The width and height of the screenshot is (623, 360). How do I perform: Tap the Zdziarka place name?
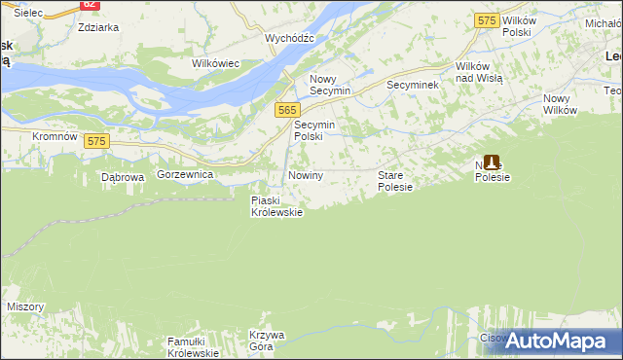pos(98,27)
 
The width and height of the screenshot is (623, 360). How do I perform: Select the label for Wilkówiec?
pos(215,63)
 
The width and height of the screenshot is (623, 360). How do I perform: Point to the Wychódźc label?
pos(289,38)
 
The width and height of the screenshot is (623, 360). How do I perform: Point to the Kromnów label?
pos(55,136)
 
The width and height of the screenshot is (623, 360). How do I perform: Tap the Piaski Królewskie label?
pos(276,206)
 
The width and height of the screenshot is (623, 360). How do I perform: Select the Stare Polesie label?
pos(396,180)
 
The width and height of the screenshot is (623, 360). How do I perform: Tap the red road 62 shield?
pos(90,4)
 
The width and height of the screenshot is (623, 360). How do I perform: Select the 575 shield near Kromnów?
pos(94,141)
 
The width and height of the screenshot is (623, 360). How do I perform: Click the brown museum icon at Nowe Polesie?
pos(493,164)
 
